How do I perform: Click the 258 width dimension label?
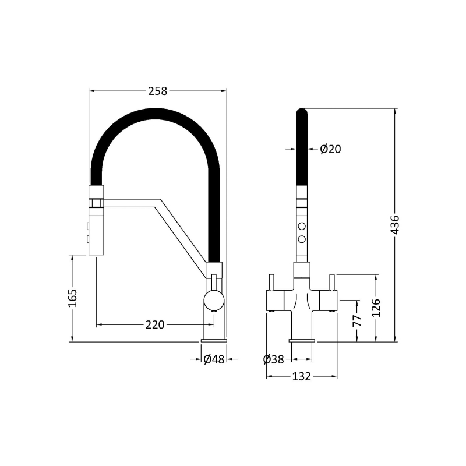pyautogui.click(x=157, y=91)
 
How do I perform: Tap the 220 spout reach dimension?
pyautogui.click(x=155, y=324)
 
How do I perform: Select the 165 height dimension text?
pyautogui.click(x=73, y=298)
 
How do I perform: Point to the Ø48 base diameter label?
pyautogui.click(x=214, y=359)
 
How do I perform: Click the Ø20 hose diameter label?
pyautogui.click(x=330, y=149)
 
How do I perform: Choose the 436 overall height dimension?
pyautogui.click(x=395, y=225)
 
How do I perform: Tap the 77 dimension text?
pyautogui.click(x=357, y=320)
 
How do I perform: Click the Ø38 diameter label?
pyautogui.click(x=274, y=359)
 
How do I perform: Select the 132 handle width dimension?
pyautogui.click(x=301, y=377)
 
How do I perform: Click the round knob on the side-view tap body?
pyautogui.click(x=213, y=301)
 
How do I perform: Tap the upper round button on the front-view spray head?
pyautogui.click(x=302, y=227)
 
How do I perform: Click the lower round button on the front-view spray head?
pyautogui.click(x=302, y=239)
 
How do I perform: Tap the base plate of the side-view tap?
pyautogui.click(x=214, y=339)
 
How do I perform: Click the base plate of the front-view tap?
pyautogui.click(x=302, y=339)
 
